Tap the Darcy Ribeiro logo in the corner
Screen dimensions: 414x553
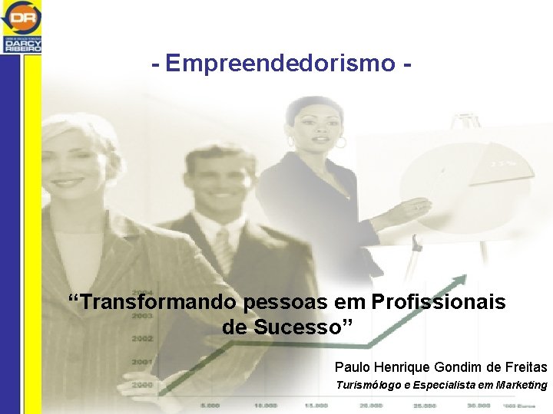click(x=22, y=26)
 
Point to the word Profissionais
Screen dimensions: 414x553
click(x=439, y=302)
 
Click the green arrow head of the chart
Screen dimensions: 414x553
click(x=461, y=281)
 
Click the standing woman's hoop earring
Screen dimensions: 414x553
click(x=340, y=143)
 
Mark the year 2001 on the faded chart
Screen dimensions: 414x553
click(x=141, y=361)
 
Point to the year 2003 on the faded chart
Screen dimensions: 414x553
click(x=141, y=315)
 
